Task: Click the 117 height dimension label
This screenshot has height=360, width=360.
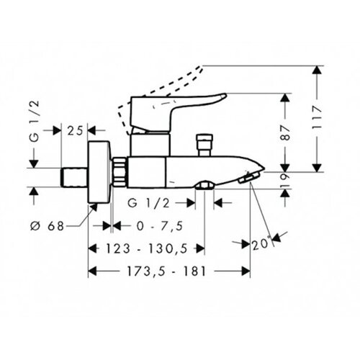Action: [x=318, y=118]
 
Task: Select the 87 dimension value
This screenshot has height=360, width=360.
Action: [x=285, y=132]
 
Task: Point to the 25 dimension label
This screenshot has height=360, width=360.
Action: [x=75, y=131]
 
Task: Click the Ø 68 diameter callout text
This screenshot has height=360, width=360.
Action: [x=48, y=226]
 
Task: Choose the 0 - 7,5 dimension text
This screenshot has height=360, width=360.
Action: [x=160, y=226]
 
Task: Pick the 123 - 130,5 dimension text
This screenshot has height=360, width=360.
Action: [x=147, y=248]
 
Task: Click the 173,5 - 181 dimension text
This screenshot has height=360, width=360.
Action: [x=166, y=271]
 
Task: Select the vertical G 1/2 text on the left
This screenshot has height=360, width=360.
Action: [x=35, y=121]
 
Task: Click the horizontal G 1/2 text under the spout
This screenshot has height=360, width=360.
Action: [x=149, y=203]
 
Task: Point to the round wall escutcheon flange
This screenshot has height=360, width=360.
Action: [x=99, y=172]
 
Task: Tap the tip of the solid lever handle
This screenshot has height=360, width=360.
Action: [x=226, y=95]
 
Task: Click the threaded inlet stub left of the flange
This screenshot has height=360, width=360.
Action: [x=74, y=177]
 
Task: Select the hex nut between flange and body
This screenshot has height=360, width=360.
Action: [x=119, y=172]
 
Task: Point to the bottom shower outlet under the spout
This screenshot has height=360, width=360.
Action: [x=204, y=186]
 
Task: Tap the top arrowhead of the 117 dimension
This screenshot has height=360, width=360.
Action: [x=318, y=70]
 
